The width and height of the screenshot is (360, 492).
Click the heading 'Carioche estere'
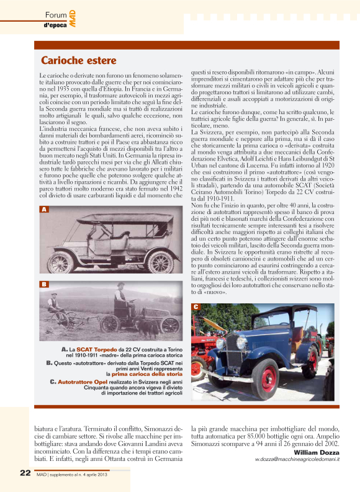click(78, 60)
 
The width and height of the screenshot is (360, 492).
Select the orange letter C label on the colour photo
click(196, 307)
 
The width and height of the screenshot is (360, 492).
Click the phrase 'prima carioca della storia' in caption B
click(147, 374)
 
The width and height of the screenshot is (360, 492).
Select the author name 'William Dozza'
click(316, 452)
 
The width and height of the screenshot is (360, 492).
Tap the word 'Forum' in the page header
click(56, 14)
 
